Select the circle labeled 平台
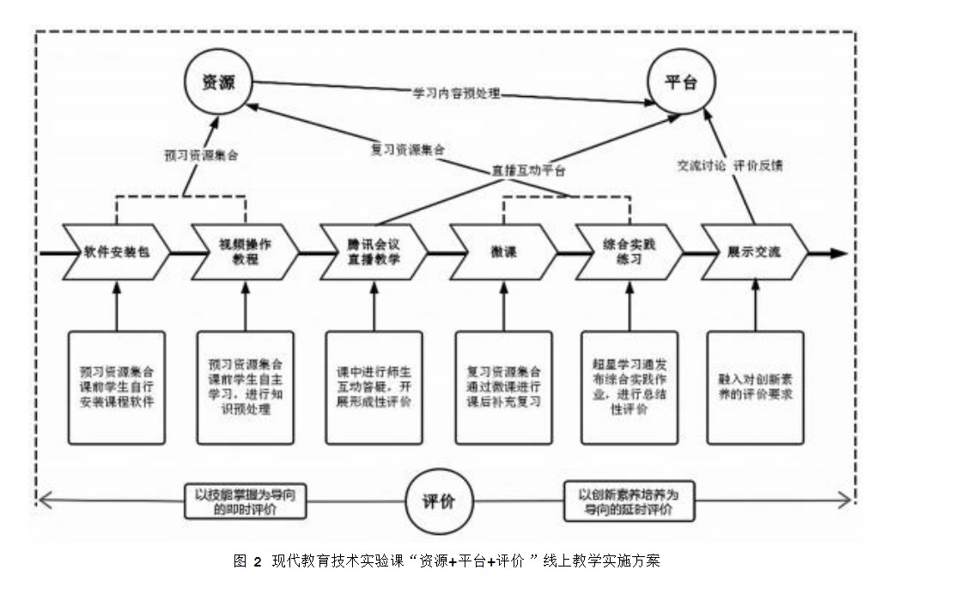pyautogui.click(x=681, y=82)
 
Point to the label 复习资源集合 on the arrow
pyautogui.click(x=407, y=148)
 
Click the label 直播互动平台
pyautogui.click(x=528, y=170)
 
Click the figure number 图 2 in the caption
pyautogui.click(x=246, y=561)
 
